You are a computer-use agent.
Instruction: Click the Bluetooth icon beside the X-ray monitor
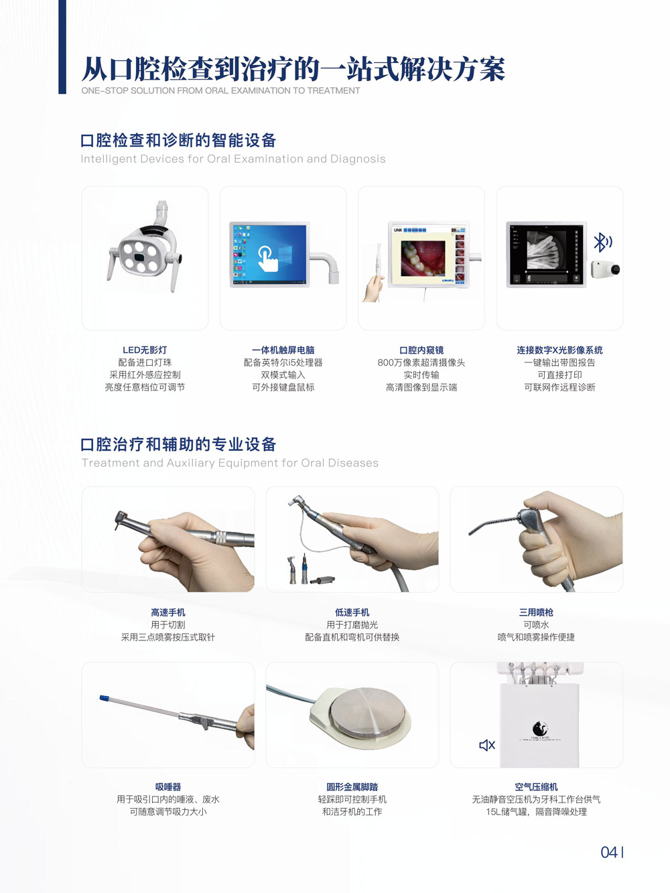point(603,243)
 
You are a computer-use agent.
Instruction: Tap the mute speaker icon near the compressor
point(487,745)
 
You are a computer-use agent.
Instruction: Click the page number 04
point(609,852)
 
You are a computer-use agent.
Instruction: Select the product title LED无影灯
point(145,350)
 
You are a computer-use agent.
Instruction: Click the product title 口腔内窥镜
point(421,350)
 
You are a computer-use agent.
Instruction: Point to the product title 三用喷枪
point(536,612)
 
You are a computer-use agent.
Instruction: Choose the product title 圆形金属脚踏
point(352,786)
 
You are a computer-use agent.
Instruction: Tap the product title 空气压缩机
point(536,786)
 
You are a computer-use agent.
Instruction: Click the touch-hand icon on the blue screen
point(267,259)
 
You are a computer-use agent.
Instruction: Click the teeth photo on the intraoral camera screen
point(423,259)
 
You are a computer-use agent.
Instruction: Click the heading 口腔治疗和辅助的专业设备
point(179,444)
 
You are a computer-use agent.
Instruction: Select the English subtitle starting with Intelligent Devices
point(233,159)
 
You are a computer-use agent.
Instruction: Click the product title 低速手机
point(352,612)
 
